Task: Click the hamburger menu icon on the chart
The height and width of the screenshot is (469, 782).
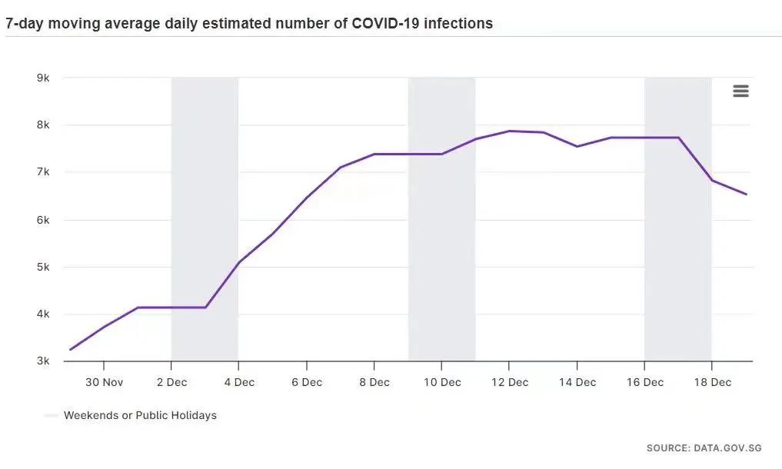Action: pyautogui.click(x=740, y=91)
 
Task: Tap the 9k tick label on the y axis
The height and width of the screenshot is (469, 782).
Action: pyautogui.click(x=43, y=78)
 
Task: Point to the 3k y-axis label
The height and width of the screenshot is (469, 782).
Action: pyautogui.click(x=43, y=361)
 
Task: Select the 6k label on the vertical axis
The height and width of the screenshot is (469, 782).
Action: pyautogui.click(x=43, y=220)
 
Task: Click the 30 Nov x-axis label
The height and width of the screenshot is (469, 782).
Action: pyautogui.click(x=104, y=382)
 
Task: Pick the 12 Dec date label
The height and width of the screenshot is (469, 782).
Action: pyautogui.click(x=509, y=382)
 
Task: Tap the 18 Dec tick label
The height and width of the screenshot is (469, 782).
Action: pyautogui.click(x=711, y=382)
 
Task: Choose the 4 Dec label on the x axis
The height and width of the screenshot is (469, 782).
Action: pyautogui.click(x=239, y=382)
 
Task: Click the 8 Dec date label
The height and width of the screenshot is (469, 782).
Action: pyautogui.click(x=374, y=382)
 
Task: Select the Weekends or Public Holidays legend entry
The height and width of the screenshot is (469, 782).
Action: pyautogui.click(x=139, y=415)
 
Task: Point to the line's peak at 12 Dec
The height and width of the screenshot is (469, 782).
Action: pyautogui.click(x=509, y=131)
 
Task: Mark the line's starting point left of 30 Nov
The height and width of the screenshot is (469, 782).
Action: pyautogui.click(x=70, y=350)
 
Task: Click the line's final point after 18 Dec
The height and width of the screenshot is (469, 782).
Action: pyautogui.click(x=746, y=195)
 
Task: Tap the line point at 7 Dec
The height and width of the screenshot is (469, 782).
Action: pyautogui.click(x=340, y=167)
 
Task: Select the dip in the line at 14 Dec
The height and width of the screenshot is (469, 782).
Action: pyautogui.click(x=577, y=146)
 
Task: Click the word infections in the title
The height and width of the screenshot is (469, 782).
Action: pyautogui.click(x=460, y=23)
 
